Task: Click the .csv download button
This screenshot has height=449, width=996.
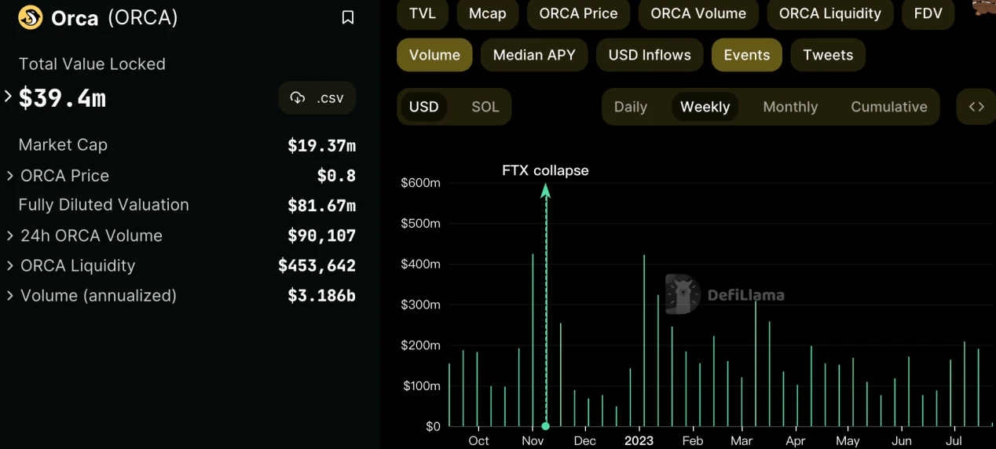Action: pos(317,98)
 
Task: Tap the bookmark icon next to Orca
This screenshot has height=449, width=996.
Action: pos(348,17)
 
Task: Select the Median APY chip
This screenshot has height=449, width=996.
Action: pos(534,55)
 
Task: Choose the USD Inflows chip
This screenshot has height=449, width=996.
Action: pos(650,55)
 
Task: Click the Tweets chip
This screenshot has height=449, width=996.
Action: pos(828,55)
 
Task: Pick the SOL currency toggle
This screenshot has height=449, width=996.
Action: pos(485,107)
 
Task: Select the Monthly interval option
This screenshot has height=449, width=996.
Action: pos(790,107)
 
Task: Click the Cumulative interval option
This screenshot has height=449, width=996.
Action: pos(888,107)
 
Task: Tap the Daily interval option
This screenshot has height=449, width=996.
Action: pos(630,107)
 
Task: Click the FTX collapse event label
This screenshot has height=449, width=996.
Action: pos(545,170)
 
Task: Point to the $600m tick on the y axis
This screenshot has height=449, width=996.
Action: pos(421,183)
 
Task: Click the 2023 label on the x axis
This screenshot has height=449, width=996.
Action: pos(639,441)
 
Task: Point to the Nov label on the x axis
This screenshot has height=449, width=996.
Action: pos(533,441)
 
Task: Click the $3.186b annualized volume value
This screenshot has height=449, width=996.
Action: pos(321,296)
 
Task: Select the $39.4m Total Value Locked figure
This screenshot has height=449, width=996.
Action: pos(62,98)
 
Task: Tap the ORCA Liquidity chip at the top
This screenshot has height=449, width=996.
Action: pos(829,13)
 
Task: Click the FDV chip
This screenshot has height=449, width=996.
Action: pos(928,13)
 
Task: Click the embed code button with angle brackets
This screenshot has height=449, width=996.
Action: pos(976,107)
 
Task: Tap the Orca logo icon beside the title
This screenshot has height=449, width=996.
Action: pos(31,17)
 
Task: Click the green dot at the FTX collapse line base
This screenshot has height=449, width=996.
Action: pos(546,426)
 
